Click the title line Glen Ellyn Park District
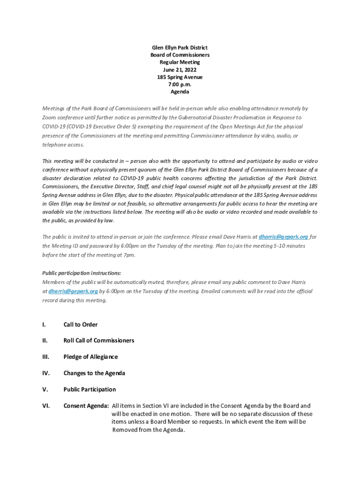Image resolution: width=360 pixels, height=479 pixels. click(x=180, y=48)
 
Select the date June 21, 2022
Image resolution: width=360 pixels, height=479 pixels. click(x=180, y=70)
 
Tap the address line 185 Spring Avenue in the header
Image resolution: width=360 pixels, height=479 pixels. click(x=180, y=77)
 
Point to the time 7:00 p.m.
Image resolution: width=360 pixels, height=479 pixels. click(x=180, y=85)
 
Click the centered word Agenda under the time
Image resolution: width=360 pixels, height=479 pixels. click(x=180, y=92)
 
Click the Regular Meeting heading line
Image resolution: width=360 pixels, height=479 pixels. click(x=180, y=62)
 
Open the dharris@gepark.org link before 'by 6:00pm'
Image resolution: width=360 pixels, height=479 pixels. click(x=73, y=291)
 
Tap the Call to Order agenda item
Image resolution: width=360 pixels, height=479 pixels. click(x=80, y=325)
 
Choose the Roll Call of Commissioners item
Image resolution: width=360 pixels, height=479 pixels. click(x=99, y=341)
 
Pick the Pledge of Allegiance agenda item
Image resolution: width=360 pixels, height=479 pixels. click(x=90, y=357)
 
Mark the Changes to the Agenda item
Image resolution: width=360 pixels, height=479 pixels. click(x=94, y=373)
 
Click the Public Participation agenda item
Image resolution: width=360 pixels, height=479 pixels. click(x=89, y=390)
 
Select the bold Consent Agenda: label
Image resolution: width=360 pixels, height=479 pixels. click(x=86, y=406)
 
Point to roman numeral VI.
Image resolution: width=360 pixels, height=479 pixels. click(x=46, y=406)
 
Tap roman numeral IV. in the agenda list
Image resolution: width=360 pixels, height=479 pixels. click(x=46, y=373)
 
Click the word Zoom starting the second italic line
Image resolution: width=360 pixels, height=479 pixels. click(x=49, y=117)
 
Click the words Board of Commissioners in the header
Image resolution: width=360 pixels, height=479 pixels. click(x=180, y=55)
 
